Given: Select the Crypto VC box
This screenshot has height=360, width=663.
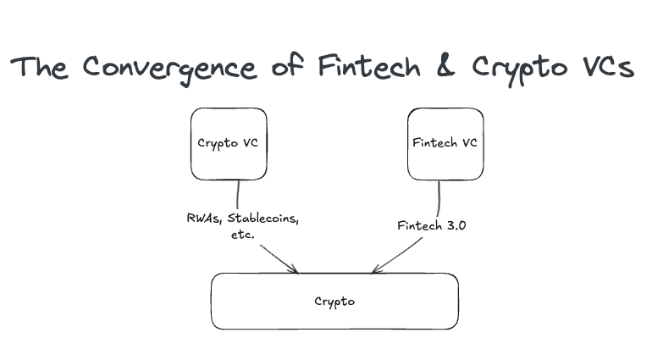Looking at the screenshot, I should [229, 143].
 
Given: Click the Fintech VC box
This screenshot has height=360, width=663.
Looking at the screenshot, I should [445, 143].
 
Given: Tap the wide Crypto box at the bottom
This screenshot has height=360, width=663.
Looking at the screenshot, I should [334, 301].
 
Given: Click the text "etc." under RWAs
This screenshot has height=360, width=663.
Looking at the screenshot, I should [240, 235].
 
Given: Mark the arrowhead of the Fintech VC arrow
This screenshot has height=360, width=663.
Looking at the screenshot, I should [374, 270].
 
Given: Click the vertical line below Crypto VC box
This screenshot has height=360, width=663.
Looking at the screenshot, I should [238, 195].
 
